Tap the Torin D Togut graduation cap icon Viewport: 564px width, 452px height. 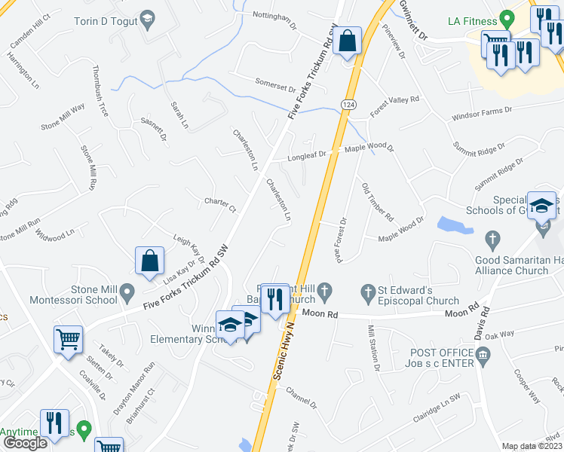149,21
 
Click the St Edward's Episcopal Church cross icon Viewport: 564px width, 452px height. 368,291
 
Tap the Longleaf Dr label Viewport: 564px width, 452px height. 308,156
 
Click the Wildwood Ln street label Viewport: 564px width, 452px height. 56,235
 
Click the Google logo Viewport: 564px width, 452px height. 25,443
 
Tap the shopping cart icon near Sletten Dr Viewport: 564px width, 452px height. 68,341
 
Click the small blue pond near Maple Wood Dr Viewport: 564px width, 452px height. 450,224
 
